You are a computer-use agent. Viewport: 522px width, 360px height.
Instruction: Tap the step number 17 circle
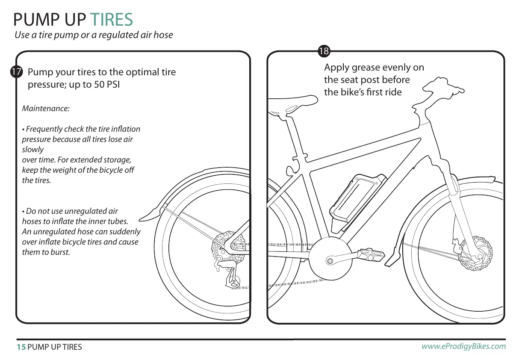click(x=16, y=72)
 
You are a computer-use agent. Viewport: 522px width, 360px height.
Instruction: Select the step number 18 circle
click(x=324, y=52)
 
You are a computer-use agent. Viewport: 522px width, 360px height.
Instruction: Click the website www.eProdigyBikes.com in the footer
click(x=463, y=346)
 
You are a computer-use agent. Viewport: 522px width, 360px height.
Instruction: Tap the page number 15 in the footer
click(x=21, y=347)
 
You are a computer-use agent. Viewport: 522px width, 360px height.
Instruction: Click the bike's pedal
click(x=372, y=256)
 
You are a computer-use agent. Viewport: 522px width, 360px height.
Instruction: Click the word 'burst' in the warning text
click(x=59, y=252)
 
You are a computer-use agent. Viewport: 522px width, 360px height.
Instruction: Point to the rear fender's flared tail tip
click(x=145, y=215)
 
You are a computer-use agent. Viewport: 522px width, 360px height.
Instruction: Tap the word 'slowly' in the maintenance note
click(x=32, y=150)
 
